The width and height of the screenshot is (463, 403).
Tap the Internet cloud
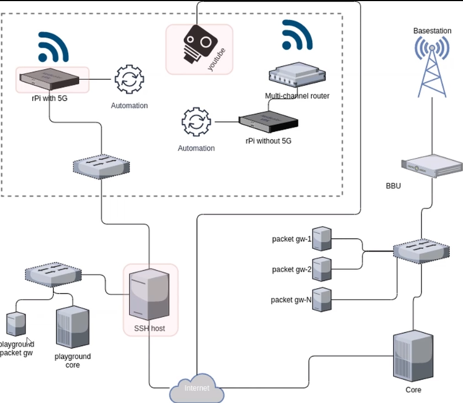[x=197, y=388]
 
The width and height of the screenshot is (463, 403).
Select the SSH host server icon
[x=149, y=294]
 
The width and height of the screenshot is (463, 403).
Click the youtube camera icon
[x=200, y=44]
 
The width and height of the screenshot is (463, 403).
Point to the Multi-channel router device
[x=297, y=74]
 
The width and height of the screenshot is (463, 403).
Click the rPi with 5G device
[x=49, y=79]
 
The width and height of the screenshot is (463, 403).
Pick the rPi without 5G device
[x=269, y=122]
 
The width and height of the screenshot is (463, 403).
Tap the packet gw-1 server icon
[x=322, y=239]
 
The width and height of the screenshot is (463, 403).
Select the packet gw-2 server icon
[x=322, y=269]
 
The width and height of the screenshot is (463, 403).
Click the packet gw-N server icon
[x=322, y=299]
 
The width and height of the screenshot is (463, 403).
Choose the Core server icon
[x=413, y=356]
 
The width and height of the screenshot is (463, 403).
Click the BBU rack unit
[x=432, y=166]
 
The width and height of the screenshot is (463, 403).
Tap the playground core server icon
[x=73, y=327]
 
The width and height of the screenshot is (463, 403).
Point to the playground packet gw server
[x=16, y=324]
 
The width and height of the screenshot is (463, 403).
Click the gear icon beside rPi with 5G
[x=130, y=79]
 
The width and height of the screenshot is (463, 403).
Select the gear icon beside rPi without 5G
[x=197, y=122]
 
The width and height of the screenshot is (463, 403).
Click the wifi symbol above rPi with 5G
[x=54, y=47]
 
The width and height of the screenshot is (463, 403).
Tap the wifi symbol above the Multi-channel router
[x=297, y=35]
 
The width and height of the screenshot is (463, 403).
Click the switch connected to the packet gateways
[x=421, y=251]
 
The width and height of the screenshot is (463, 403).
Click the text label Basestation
[x=432, y=30]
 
